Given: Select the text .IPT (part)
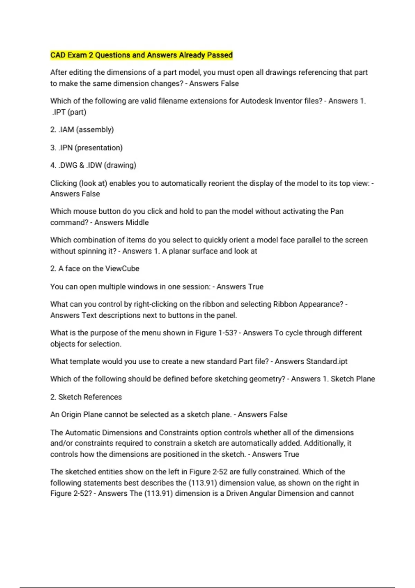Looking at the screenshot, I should point(69,112).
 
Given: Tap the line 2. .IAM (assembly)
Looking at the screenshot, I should point(82,130).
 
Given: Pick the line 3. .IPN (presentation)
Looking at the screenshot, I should point(86,148).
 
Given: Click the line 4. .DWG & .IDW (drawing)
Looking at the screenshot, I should point(93,165).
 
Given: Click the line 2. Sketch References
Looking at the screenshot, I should point(86,397).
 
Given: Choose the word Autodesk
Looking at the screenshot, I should point(256,101).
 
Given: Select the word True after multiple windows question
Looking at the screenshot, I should point(256,287).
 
